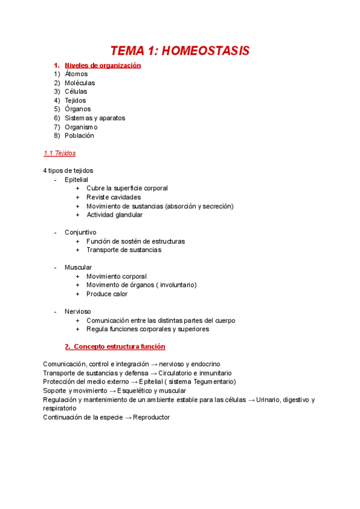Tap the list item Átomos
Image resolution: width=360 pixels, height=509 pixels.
click(x=76, y=74)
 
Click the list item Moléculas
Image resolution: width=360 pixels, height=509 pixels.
click(x=80, y=83)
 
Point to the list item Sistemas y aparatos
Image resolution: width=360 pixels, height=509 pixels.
click(x=95, y=118)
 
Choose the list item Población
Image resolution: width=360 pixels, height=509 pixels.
click(x=79, y=136)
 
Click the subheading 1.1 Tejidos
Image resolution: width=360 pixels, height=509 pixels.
click(x=59, y=153)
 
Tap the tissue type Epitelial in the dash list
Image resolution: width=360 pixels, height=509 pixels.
click(x=76, y=179)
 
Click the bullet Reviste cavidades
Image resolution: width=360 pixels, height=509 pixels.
click(x=113, y=197)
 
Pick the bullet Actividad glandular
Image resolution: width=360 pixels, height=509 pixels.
click(x=114, y=215)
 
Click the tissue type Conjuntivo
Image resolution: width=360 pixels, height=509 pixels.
click(x=80, y=232)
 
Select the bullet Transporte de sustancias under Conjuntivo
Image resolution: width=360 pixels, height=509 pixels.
click(x=124, y=250)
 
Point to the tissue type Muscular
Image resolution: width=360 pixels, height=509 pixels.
click(x=78, y=268)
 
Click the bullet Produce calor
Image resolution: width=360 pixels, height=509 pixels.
click(x=107, y=294)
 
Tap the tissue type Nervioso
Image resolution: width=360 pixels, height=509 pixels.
click(x=78, y=312)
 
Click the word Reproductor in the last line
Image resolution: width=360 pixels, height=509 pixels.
click(x=151, y=417)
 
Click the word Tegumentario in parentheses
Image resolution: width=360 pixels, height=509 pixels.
click(x=213, y=382)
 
